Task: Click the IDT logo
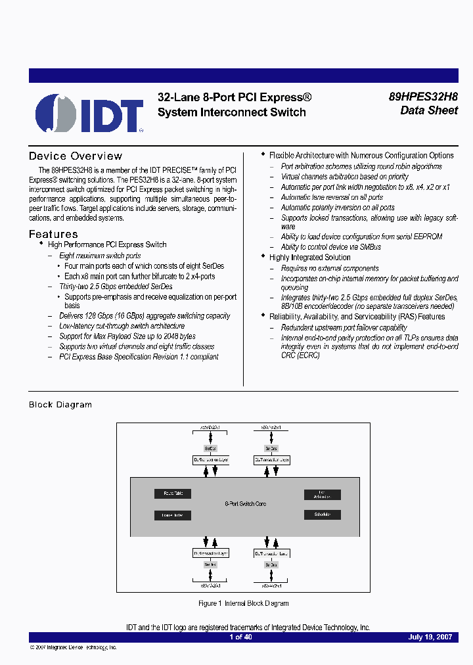point(89,113)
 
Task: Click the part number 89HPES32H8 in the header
point(423,96)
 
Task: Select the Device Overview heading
point(76,156)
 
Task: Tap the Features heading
point(53,235)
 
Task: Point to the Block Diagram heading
point(60,405)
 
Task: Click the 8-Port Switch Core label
point(245,504)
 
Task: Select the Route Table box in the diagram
point(173,493)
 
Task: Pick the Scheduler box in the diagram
point(322,515)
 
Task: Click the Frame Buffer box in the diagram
point(173,516)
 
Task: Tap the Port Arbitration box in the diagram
point(322,494)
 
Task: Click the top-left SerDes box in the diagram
point(210,447)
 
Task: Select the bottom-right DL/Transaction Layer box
point(272,553)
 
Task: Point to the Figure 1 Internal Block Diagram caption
point(243,603)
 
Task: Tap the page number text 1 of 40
point(240,637)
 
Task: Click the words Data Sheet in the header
point(429,111)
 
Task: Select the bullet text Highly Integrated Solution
point(309,258)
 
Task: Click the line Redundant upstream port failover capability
point(344,327)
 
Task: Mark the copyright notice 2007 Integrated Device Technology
point(74,647)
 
